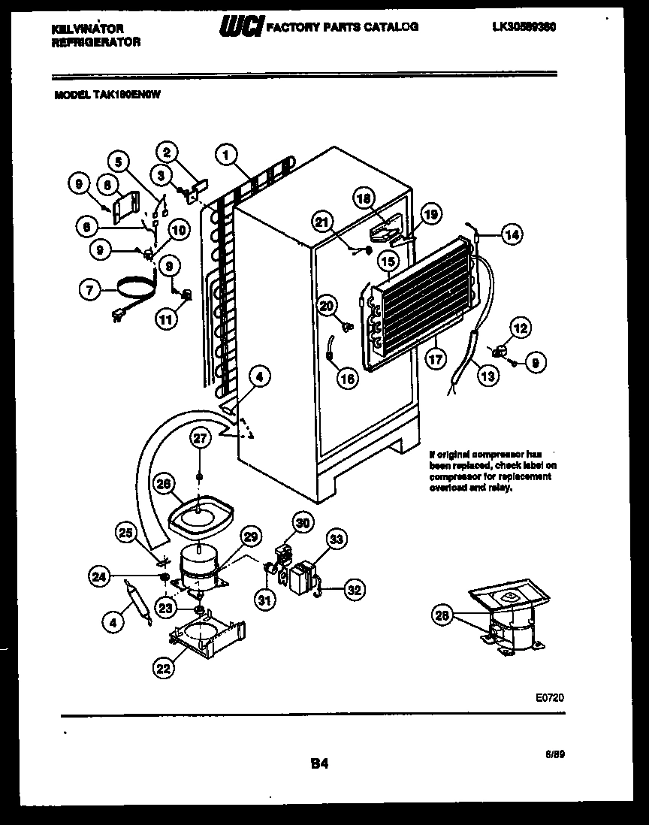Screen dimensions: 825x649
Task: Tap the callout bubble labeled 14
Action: tap(512, 234)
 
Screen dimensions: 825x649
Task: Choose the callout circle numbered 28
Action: tap(442, 617)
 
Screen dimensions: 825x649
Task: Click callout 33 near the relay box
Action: tap(336, 539)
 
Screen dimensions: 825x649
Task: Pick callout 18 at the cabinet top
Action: tap(364, 198)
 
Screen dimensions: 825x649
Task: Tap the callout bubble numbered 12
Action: tap(520, 327)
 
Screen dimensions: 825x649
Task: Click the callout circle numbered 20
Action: tap(325, 305)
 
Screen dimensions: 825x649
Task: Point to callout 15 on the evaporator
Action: tap(388, 262)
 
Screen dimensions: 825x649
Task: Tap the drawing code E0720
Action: tap(551, 698)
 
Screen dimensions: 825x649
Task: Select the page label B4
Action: tap(319, 764)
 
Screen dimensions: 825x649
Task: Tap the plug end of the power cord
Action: tap(118, 317)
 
